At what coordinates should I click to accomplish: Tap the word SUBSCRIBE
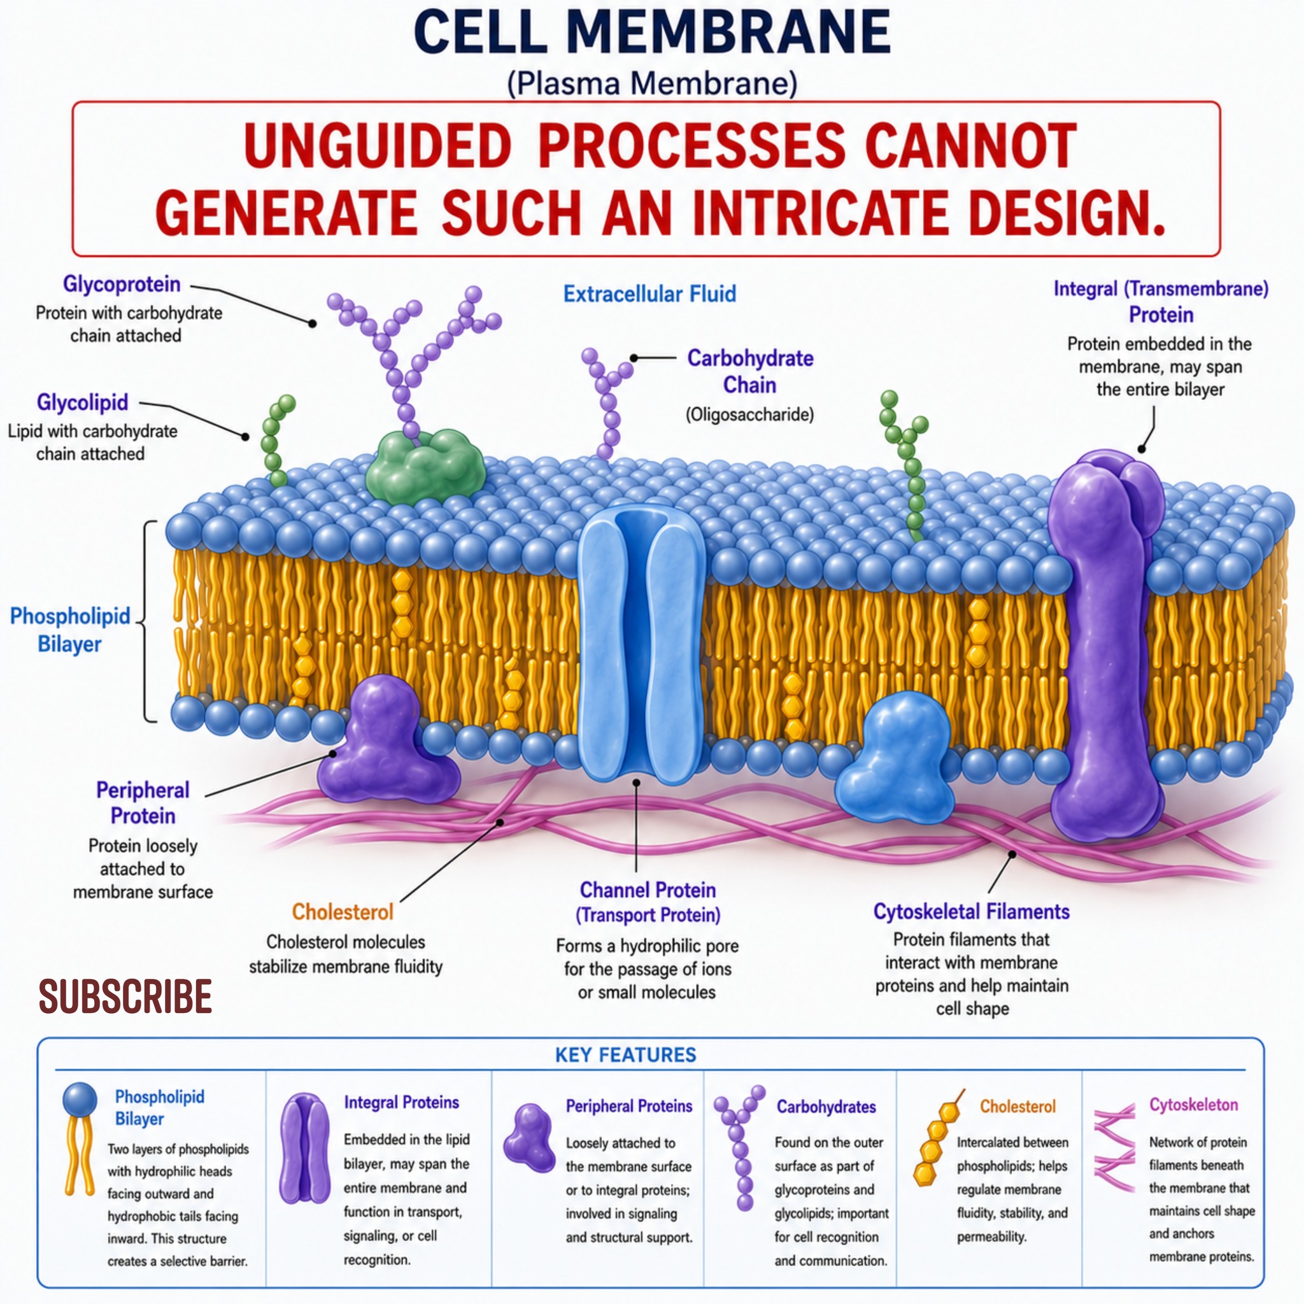pyautogui.click(x=125, y=996)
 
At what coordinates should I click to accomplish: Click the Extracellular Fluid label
pyautogui.click(x=649, y=294)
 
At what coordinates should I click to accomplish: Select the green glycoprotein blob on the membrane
pyautogui.click(x=425, y=467)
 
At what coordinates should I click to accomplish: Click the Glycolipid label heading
pyautogui.click(x=82, y=402)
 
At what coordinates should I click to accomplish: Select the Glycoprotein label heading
pyautogui.click(x=122, y=284)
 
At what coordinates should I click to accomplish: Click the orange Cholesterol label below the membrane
pyautogui.click(x=342, y=912)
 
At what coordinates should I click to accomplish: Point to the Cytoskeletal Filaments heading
pyautogui.click(x=971, y=912)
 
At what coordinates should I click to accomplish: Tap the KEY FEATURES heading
pyautogui.click(x=626, y=1055)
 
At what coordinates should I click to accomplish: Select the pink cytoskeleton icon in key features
pyautogui.click(x=1114, y=1147)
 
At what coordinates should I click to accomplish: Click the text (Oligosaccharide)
pyautogui.click(x=749, y=415)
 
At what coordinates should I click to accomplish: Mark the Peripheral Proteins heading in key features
pyautogui.click(x=629, y=1106)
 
